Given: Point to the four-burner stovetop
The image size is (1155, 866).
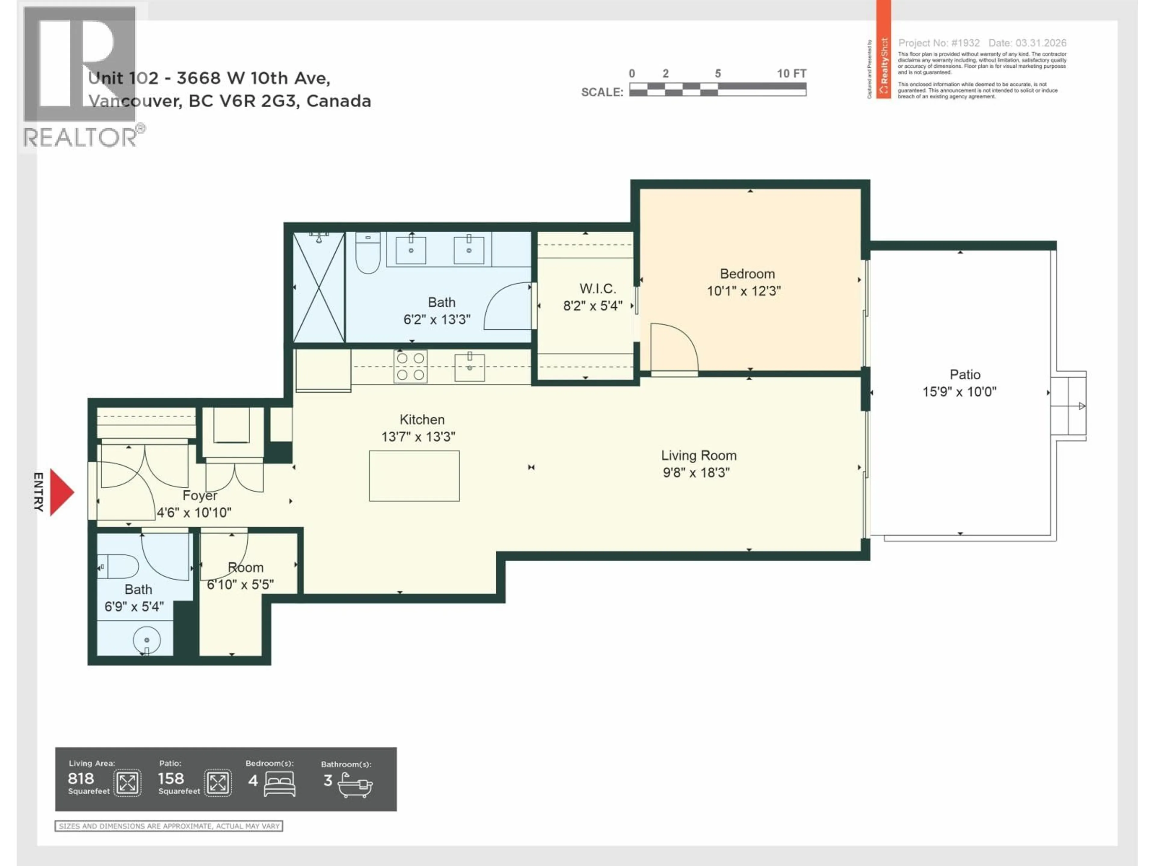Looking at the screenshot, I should (410, 367).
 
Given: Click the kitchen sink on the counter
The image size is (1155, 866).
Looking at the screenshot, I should (470, 367).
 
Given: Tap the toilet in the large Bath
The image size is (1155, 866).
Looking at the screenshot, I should (368, 254).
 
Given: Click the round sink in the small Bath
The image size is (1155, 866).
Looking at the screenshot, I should (147, 640).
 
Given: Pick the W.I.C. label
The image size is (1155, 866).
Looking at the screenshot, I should (597, 289).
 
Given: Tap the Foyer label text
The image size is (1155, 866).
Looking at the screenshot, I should (199, 495).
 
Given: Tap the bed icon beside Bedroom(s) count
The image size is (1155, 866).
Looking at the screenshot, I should (279, 784).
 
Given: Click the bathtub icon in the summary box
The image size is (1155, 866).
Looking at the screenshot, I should (355, 785).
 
